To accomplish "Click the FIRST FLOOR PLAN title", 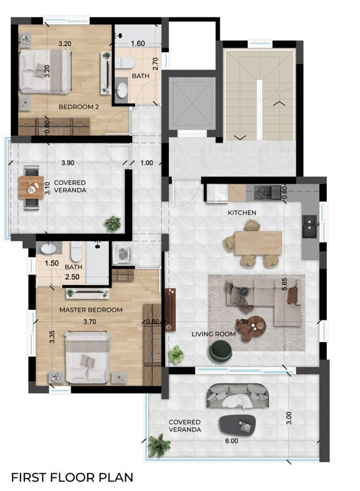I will [x=72, y=477].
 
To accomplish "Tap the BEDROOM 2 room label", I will [x=79, y=107].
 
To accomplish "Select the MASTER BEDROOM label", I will [x=91, y=309].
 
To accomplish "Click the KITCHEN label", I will [x=242, y=212].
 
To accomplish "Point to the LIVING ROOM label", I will [x=213, y=334].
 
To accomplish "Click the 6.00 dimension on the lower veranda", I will [x=232, y=440].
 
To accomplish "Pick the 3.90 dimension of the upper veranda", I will [x=69, y=163].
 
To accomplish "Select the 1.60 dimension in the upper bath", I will [x=138, y=44].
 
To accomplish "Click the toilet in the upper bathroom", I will [x=125, y=63].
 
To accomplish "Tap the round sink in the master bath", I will [x=48, y=249].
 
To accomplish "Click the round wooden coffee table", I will [x=252, y=327].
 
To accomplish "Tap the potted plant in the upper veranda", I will [x=113, y=222].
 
